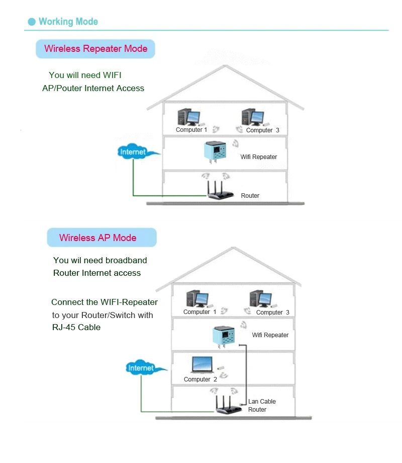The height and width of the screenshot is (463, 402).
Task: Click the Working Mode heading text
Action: [68, 22]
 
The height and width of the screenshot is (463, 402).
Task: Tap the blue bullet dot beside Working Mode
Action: [32, 22]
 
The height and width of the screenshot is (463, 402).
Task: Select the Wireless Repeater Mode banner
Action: [95, 49]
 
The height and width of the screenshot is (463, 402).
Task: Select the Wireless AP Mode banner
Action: [102, 238]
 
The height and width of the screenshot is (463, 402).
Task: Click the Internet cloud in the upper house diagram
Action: [136, 152]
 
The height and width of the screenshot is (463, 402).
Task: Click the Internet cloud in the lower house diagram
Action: [144, 367]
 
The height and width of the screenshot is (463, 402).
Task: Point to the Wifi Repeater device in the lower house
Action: [224, 337]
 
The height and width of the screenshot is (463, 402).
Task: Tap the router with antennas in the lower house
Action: [228, 405]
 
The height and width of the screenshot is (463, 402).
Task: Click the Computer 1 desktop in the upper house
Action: [188, 117]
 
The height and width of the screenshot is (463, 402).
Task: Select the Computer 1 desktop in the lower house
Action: [197, 299]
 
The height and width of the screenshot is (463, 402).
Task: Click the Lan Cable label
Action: [262, 401]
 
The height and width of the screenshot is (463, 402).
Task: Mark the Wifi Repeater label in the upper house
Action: [259, 157]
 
